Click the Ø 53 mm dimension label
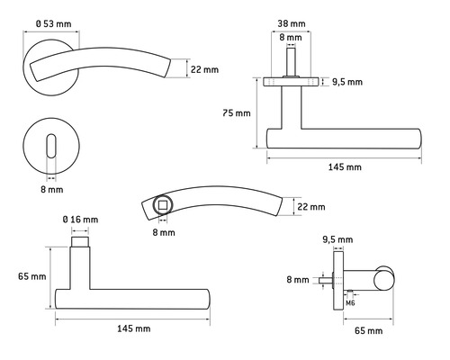pyautogui.click(x=54, y=23)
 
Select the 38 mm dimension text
pyautogui.click(x=292, y=23)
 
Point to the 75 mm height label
pyautogui.click(x=237, y=113)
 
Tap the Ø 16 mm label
pyautogui.click(x=80, y=220)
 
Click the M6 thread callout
pyautogui.click(x=350, y=303)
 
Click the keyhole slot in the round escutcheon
pyautogui.click(x=51, y=146)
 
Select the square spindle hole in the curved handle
pyautogui.click(x=163, y=205)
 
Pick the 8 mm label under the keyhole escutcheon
pyautogui.click(x=52, y=190)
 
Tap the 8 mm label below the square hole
pyautogui.click(x=164, y=232)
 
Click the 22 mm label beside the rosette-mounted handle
pyautogui.click(x=204, y=69)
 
